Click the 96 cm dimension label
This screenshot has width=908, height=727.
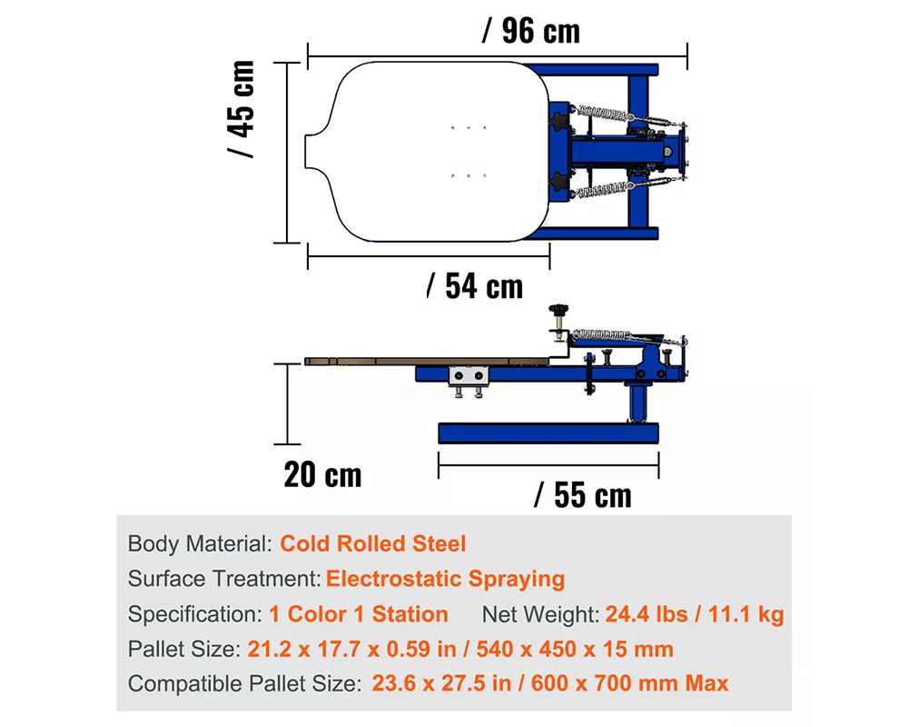pos(530,32)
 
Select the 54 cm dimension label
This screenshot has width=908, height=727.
pos(475,286)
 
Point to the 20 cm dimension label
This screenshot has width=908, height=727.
pos(322,474)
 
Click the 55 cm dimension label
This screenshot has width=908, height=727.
pos(582,495)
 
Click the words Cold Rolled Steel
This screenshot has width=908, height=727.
pos(372,544)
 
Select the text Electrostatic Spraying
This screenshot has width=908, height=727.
pos(445,579)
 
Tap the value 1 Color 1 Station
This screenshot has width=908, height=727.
pos(359,614)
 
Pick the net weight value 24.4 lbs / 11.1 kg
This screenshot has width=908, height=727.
pos(694,614)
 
